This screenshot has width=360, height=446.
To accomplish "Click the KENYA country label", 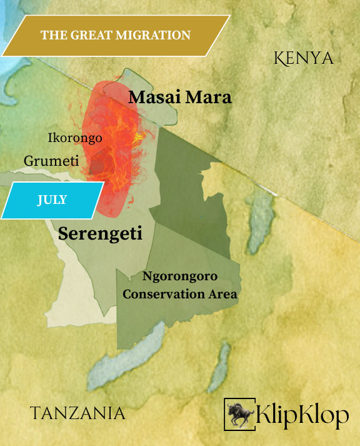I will point(304,58).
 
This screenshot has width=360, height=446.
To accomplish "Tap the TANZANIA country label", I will point(77,413).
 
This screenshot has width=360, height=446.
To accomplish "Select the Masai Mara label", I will point(180,98).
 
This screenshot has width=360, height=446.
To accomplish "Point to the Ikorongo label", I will point(75,138).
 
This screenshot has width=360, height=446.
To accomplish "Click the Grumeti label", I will point(51,161).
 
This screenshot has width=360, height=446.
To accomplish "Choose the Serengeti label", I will point(100,234).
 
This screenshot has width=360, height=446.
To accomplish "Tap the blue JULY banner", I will point(52,200).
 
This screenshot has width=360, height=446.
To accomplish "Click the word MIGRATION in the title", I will point(158,35).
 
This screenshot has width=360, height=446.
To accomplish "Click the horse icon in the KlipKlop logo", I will point(239,413).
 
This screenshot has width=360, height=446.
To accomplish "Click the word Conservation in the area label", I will point(165,294).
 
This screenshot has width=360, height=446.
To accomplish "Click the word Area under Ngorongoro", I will point(223,294).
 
